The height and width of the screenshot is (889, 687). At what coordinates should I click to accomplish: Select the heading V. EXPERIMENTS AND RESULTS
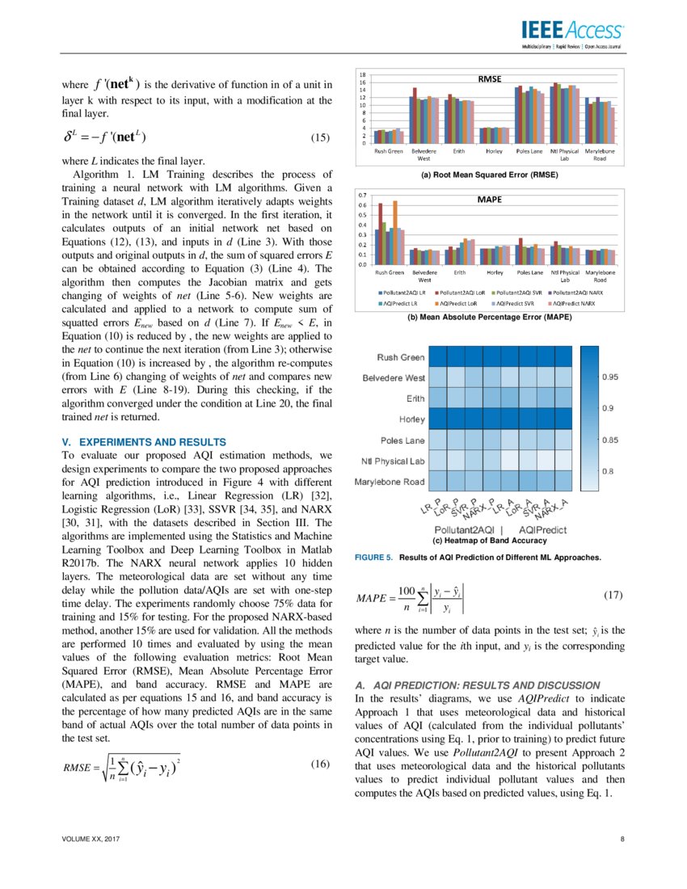(144, 442)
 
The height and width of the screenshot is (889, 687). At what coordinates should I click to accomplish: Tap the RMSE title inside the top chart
(490, 79)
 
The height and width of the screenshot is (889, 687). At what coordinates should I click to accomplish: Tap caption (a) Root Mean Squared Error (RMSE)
(491, 175)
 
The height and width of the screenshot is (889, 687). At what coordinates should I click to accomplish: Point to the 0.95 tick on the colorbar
(609, 377)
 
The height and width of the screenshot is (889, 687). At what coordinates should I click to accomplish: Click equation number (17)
(614, 596)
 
